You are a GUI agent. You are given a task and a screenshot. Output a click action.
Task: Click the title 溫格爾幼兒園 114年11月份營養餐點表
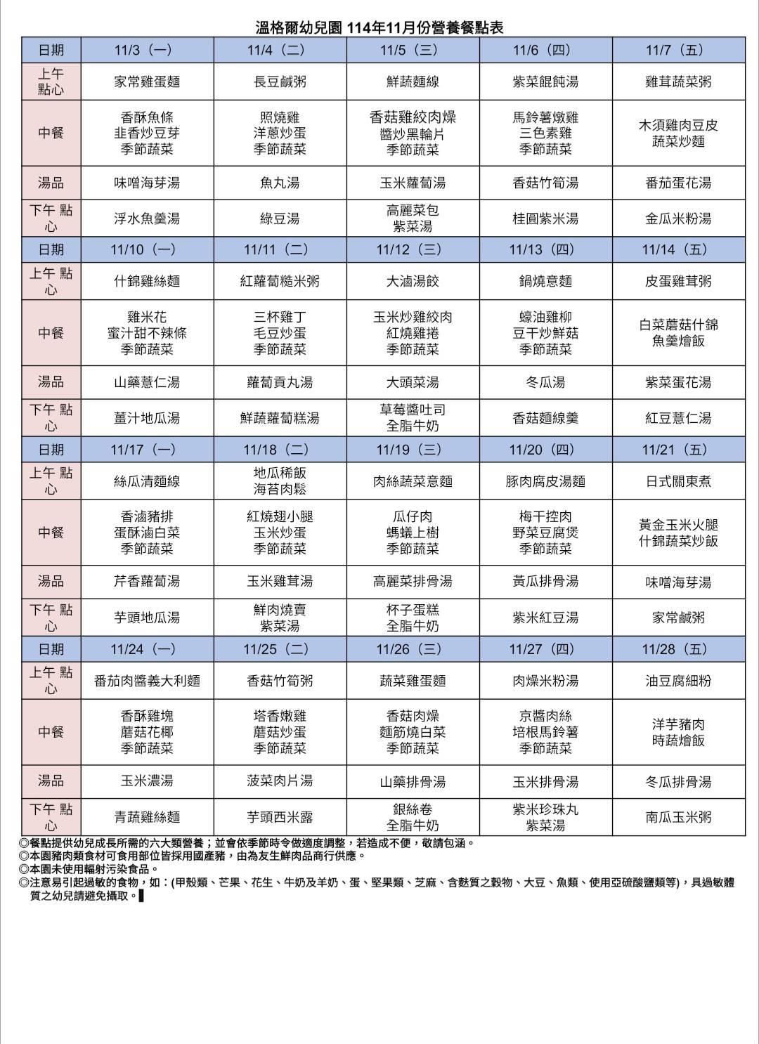[379, 28]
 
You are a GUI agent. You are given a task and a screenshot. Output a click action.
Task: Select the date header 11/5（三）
[413, 50]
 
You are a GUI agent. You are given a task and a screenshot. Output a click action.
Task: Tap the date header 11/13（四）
[545, 249]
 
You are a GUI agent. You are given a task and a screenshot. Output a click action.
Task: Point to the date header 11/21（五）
[678, 450]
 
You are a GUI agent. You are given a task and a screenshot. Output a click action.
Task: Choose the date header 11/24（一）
[147, 649]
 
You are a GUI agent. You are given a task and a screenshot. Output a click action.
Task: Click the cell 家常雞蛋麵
[147, 81]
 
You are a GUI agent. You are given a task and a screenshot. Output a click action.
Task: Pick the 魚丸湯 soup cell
[280, 183]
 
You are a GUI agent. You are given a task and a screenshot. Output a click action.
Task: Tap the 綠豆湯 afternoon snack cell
[280, 218]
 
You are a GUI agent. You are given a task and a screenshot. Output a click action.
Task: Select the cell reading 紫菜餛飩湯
[545, 81]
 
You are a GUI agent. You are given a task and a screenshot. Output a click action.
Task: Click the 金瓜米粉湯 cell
[678, 218]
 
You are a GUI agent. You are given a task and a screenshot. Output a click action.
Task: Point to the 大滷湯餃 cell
[413, 281]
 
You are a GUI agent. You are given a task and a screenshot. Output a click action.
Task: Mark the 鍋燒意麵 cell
[545, 281]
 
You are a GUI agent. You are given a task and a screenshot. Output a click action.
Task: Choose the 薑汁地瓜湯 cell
[147, 418]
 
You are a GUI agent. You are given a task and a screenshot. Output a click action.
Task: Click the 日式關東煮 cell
[678, 481]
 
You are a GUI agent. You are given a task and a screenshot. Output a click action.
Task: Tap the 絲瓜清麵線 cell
[147, 481]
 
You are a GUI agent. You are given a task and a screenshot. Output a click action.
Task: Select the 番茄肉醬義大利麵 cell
[147, 681]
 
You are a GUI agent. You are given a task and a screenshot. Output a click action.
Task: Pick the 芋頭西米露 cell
[280, 817]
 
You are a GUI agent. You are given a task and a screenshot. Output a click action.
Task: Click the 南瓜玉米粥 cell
[678, 817]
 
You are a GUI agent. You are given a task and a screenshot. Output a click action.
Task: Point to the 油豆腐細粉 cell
[678, 681]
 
